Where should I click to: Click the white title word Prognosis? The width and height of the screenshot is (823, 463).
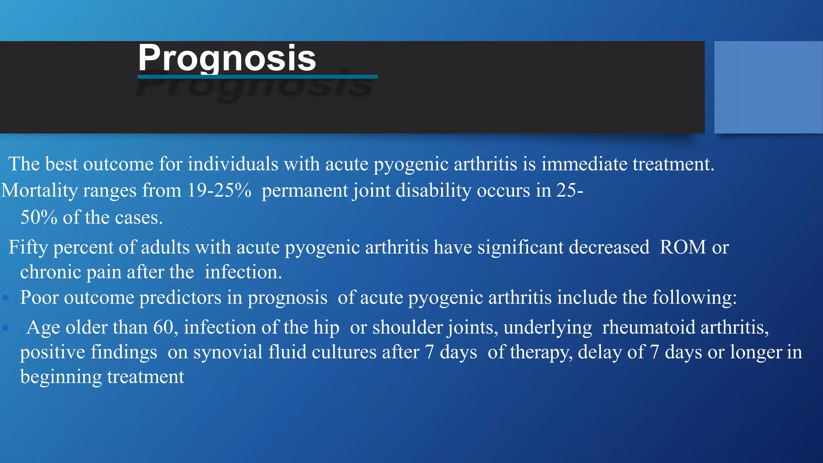(227, 58)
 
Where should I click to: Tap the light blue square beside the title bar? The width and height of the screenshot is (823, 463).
(768, 87)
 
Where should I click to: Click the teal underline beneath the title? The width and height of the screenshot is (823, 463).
(257, 77)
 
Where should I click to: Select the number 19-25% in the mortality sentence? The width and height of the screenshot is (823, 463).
(219, 190)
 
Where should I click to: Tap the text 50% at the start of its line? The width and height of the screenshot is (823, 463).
(39, 217)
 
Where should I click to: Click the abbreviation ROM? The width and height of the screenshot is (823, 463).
(682, 247)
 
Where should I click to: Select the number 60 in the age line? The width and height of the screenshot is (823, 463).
(163, 327)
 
